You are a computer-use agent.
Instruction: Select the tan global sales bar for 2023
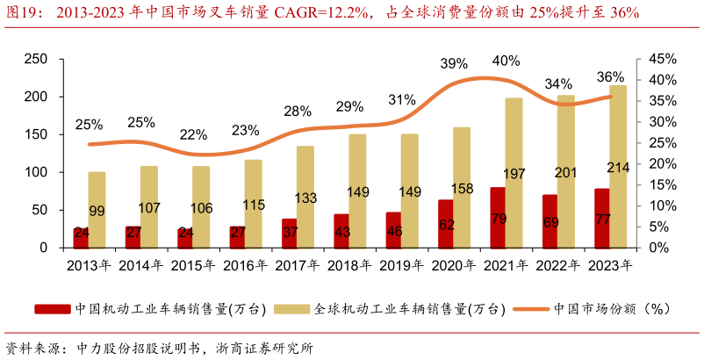618,167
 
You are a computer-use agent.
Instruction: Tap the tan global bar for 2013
97,210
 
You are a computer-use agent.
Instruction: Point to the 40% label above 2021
506,61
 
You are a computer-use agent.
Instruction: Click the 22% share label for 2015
193,134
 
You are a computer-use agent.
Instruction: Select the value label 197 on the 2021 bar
514,174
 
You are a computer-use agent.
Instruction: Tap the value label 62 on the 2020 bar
447,224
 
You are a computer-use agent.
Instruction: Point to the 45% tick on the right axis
663,59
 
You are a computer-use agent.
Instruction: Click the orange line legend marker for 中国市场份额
531,309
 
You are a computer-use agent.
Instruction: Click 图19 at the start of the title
20,13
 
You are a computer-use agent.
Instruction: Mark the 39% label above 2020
454,64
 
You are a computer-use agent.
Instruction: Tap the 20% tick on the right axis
663,164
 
